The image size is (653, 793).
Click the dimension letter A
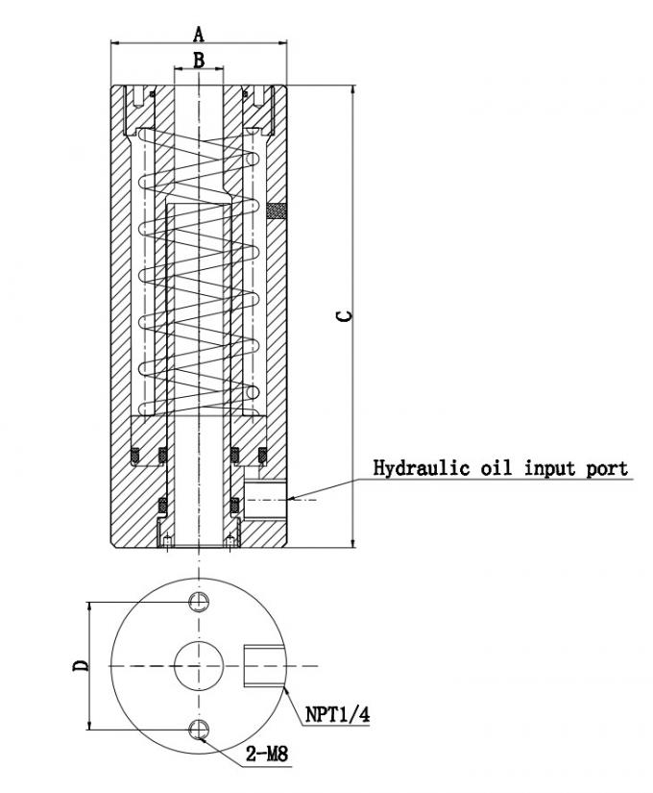(199, 35)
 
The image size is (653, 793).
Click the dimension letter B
(199, 60)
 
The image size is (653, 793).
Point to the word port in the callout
(608, 468)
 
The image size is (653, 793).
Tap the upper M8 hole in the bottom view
(199, 602)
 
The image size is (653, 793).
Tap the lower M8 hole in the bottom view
(199, 728)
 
